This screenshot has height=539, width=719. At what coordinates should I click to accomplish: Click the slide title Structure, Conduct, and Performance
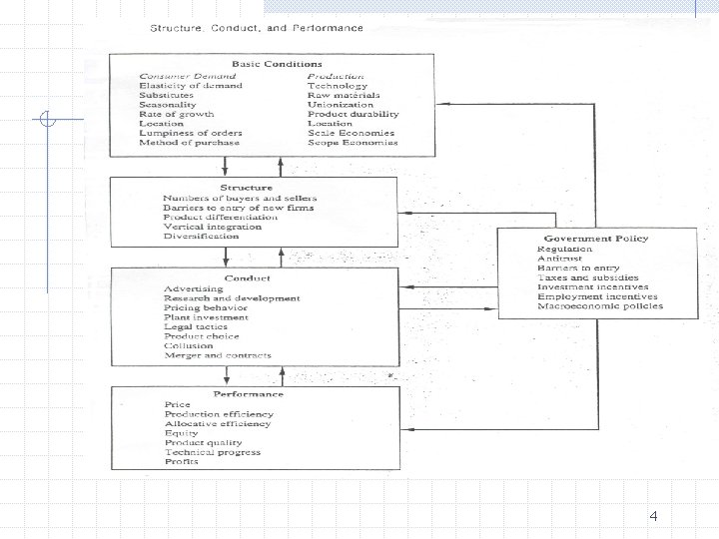(257, 27)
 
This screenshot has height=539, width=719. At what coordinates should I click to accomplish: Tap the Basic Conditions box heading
(282, 64)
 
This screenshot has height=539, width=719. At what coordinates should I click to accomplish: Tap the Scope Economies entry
(353, 143)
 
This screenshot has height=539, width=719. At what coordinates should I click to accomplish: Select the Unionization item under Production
(341, 104)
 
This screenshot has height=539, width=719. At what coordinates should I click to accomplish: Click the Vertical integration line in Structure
(212, 227)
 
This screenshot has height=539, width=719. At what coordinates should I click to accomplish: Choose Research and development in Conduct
(232, 298)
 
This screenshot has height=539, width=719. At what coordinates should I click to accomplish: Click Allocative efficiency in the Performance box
(218, 423)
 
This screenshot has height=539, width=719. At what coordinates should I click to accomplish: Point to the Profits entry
(182, 461)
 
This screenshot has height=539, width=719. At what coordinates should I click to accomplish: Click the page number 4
(653, 516)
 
